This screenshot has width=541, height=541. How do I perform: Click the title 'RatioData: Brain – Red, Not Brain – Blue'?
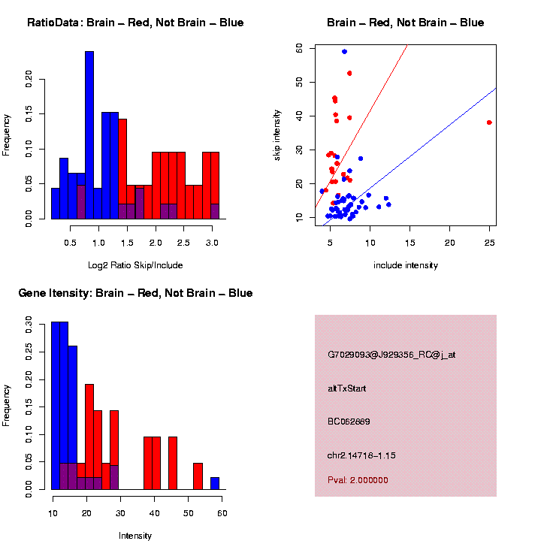135,23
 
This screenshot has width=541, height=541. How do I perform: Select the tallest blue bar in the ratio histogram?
89,135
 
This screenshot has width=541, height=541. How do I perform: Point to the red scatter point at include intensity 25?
489,122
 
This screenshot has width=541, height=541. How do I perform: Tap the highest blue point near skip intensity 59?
344,51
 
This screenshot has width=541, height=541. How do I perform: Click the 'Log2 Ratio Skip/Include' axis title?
135,264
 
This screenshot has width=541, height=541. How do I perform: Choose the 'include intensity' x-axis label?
406,264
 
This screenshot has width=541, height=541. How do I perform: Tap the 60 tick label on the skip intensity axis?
299,47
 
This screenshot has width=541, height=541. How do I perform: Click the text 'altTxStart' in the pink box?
346,388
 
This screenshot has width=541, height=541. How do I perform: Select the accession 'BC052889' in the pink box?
349,422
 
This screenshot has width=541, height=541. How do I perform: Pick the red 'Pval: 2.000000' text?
358,479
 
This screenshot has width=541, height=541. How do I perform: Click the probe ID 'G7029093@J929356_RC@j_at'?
391,355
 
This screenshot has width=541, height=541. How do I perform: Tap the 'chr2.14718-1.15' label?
361,455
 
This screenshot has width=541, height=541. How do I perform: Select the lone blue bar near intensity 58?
215,483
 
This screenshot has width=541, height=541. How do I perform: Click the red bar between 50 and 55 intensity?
198,476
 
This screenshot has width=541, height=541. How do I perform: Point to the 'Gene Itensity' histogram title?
135,293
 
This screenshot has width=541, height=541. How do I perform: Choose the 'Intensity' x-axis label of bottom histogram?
135,536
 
